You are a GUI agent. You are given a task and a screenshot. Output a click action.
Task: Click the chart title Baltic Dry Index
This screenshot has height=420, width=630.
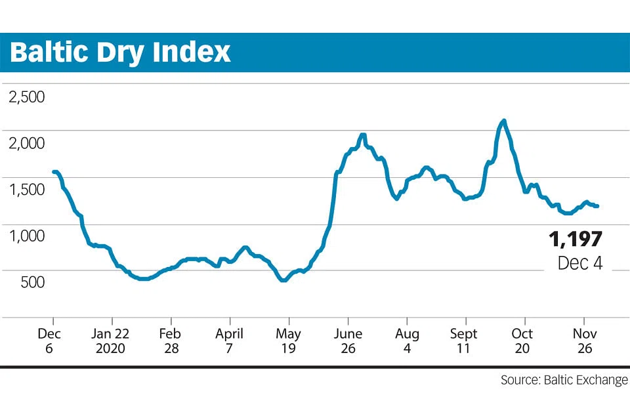[x=120, y=52]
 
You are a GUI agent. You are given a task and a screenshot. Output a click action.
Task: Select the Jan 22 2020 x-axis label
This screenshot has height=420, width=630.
[x=112, y=340]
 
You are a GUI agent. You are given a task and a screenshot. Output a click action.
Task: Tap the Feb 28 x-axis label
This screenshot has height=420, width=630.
[x=171, y=340]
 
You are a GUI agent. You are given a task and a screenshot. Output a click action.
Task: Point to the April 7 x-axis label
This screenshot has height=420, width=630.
[x=230, y=340]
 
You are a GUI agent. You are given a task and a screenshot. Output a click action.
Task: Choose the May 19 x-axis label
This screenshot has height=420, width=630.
[x=288, y=340]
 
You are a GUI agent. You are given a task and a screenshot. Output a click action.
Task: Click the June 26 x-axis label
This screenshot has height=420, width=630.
[x=348, y=340]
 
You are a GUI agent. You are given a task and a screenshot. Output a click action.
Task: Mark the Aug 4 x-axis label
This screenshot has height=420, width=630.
[x=407, y=340]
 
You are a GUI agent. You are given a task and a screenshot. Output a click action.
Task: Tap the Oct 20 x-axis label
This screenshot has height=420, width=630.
[x=523, y=340]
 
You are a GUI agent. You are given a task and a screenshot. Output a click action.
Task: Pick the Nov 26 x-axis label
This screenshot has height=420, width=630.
[x=583, y=340]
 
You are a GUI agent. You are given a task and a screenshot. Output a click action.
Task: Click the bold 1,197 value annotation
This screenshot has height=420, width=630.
[x=576, y=239]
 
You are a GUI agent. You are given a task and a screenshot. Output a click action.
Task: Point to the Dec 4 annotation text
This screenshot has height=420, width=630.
[x=580, y=262]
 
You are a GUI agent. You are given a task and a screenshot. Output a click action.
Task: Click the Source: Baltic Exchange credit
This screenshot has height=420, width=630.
[x=564, y=380]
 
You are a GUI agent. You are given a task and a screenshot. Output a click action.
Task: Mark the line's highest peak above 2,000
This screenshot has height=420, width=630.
[x=503, y=121]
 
